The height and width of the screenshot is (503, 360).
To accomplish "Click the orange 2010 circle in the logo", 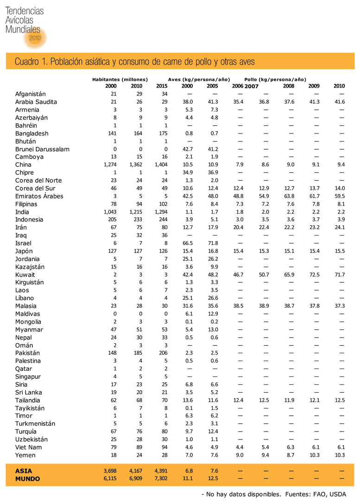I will pyautogui.click(x=35, y=38).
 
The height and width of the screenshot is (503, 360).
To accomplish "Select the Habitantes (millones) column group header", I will pyautogui.click(x=120, y=80).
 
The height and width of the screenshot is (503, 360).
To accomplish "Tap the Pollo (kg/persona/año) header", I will pyautogui.click(x=275, y=80).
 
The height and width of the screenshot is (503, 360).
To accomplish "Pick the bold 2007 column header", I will pyautogui.click(x=251, y=86).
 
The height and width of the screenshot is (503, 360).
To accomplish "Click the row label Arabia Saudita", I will pyautogui.click(x=36, y=102).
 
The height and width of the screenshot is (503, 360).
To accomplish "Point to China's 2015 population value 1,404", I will pyautogui.click(x=161, y=165).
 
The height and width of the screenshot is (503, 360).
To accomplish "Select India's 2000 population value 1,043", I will pyautogui.click(x=110, y=212).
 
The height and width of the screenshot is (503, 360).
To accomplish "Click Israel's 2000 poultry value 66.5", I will pyautogui.click(x=187, y=243).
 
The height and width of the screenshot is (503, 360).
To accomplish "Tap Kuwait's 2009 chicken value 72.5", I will pyautogui.click(x=314, y=274).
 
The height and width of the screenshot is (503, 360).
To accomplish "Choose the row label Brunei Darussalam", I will pyautogui.click(x=42, y=149).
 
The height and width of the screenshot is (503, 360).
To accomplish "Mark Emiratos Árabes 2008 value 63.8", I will pyautogui.click(x=289, y=196).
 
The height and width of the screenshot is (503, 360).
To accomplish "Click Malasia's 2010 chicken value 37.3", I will pyautogui.click(x=339, y=306).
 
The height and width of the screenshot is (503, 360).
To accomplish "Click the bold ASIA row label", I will pyautogui.click(x=24, y=471).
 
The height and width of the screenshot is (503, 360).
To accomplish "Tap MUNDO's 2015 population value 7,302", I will pyautogui.click(x=161, y=479).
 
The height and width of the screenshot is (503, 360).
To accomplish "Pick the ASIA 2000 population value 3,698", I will pyautogui.click(x=110, y=471).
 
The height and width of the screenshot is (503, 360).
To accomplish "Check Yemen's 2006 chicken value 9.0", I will pyautogui.click(x=239, y=455).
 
